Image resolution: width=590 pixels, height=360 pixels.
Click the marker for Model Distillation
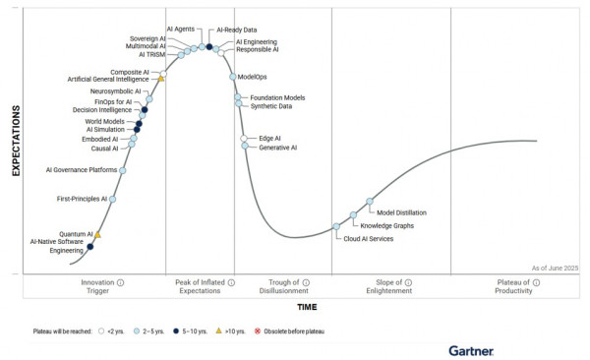371,202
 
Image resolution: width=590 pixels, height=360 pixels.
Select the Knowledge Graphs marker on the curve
353,215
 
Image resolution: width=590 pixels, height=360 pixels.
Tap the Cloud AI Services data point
336,226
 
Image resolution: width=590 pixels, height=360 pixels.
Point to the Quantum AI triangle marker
97,235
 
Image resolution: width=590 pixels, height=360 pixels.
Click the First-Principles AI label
82,199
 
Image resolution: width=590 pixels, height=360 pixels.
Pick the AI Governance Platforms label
82,170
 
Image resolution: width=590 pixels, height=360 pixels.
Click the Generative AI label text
277,148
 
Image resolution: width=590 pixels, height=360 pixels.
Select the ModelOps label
254,77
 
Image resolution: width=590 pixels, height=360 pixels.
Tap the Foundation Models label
277,97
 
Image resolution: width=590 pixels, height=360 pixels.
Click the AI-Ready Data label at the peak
237,30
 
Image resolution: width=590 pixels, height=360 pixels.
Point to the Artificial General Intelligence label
108,79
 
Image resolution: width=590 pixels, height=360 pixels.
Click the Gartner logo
471,349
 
